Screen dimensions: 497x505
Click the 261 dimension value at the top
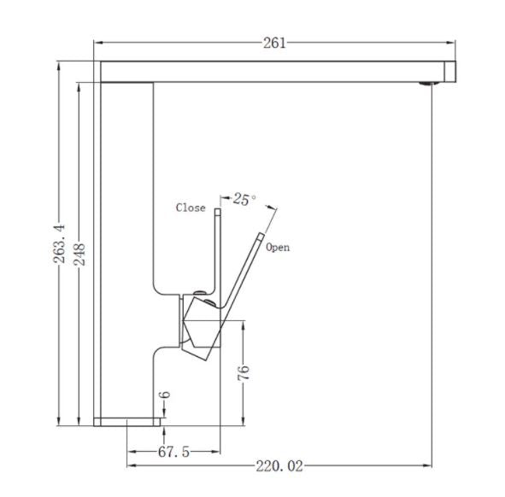tap(275, 44)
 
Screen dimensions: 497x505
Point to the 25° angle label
tap(244, 200)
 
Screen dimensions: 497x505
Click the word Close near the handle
tap(191, 208)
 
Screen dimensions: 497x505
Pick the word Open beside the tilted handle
tap(278, 248)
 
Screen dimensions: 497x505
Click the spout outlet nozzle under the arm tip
tap(426, 84)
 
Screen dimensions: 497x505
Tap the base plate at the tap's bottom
tap(128, 420)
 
